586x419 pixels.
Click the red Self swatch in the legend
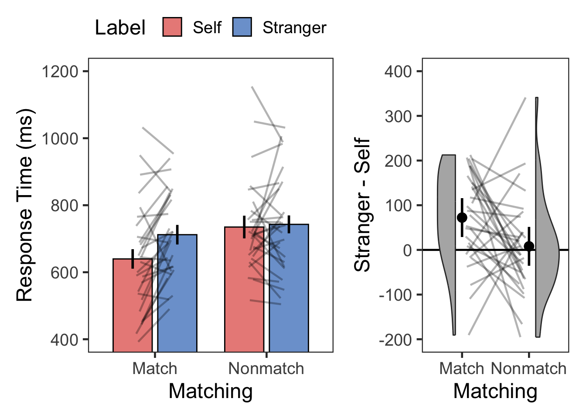pyautogui.click(x=172, y=27)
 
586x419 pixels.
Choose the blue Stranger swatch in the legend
pyautogui.click(x=242, y=27)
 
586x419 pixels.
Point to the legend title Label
pyautogui.click(x=120, y=27)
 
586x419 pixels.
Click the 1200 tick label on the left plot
pyautogui.click(x=60, y=71)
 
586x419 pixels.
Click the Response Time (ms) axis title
pyautogui.click(x=25, y=205)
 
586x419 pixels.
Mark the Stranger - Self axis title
pyautogui.click(x=362, y=205)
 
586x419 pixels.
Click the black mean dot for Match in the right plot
pyautogui.click(x=462, y=217)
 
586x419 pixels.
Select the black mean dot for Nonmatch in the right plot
pyautogui.click(x=529, y=246)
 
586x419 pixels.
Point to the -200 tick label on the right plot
pyautogui.click(x=395, y=339)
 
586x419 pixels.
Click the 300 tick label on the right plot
pyautogui.click(x=398, y=116)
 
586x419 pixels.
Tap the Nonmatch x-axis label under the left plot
pyautogui.click(x=266, y=369)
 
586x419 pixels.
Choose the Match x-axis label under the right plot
pyautogui.click(x=462, y=369)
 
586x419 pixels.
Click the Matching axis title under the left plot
pyautogui.click(x=211, y=391)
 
